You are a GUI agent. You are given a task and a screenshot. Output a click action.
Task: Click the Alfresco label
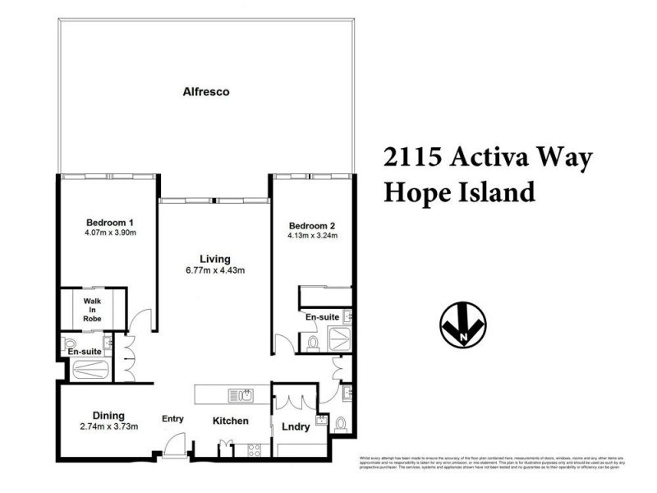coord(205,92)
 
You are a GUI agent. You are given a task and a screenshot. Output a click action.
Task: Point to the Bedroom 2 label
coord(311,226)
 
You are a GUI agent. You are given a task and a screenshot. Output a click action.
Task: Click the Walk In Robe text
coord(90,310)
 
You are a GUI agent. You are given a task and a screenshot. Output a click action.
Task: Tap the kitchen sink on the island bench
coord(241,395)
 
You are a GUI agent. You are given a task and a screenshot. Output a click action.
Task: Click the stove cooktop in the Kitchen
coord(254,449)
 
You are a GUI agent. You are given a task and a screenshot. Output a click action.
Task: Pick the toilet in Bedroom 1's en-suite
coord(70,343)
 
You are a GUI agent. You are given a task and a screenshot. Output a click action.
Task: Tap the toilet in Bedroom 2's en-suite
coord(313,343)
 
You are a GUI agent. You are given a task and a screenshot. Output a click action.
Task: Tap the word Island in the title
coord(491,192)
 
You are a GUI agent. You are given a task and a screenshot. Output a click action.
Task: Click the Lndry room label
coord(295,426)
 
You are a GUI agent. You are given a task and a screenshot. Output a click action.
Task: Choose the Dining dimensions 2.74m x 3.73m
coord(108,426)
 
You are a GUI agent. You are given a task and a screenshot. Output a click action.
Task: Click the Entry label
coord(172,419)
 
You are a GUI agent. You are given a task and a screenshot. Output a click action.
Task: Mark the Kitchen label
coord(231,421)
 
